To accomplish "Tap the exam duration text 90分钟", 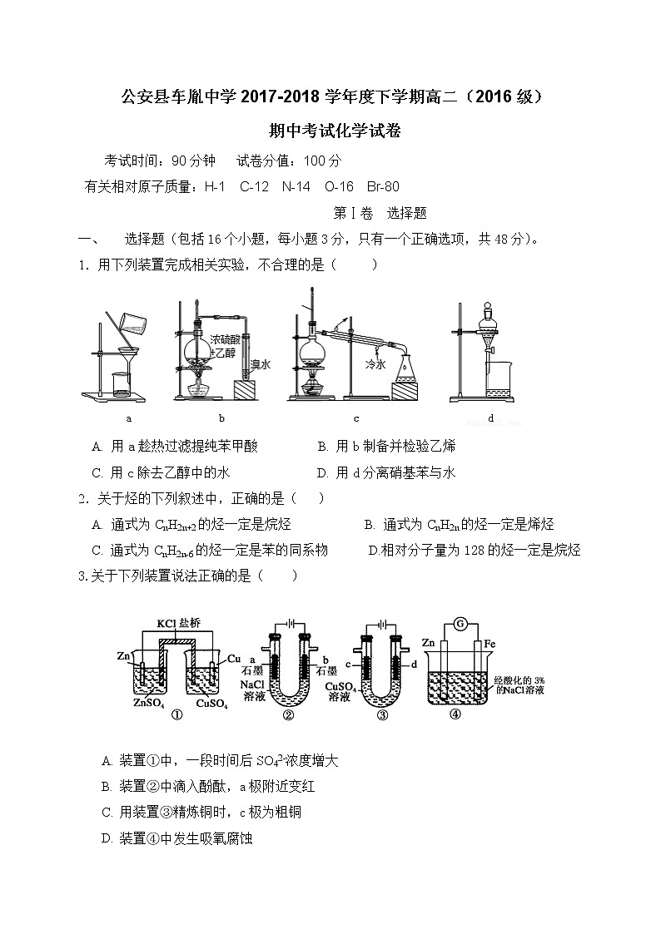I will point(193,161).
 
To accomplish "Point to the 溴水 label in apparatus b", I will point(261,364).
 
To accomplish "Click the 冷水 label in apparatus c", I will point(375,364).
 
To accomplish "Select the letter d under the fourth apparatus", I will point(491,418).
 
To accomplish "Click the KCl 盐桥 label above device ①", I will point(178,623).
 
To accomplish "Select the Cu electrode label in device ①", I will point(234,657).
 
